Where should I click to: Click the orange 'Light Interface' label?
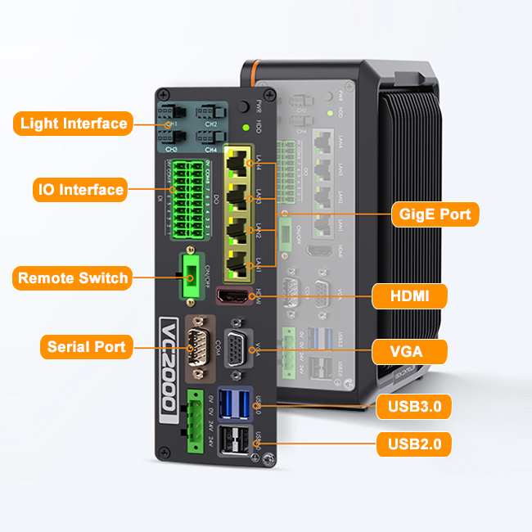tap(74, 124)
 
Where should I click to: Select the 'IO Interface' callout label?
tap(79, 190)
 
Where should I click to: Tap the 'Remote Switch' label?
tap(73, 277)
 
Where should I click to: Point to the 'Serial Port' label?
tap(86, 347)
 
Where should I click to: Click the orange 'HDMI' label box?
tap(410, 296)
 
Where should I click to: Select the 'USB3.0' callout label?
tap(413, 405)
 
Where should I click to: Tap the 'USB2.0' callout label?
tap(413, 445)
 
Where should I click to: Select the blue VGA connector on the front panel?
tap(238, 349)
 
